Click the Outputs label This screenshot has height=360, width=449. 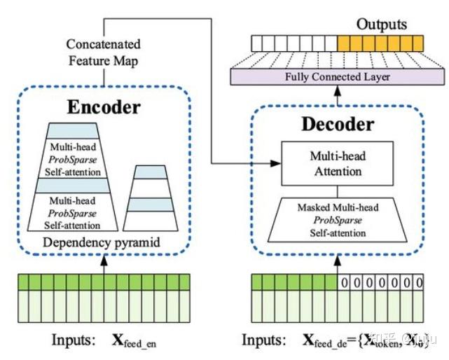(381, 25)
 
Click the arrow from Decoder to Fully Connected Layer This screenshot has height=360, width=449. (338, 98)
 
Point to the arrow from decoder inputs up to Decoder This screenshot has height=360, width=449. (338, 263)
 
